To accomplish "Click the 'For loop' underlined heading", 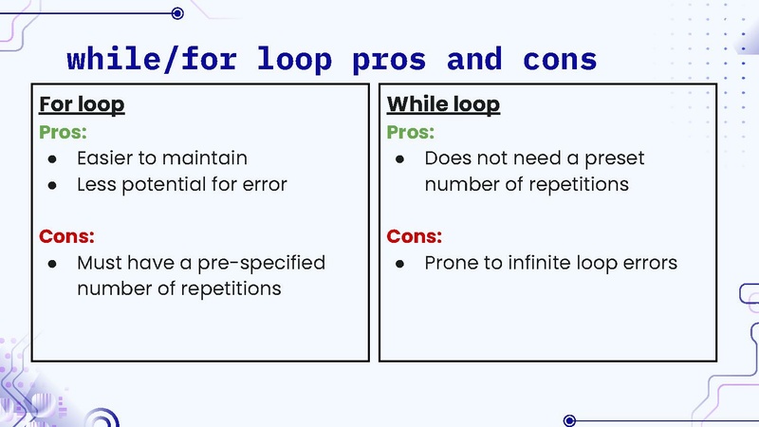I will click(82, 104).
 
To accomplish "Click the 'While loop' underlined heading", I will click(443, 104).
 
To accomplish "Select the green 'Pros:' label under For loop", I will click(63, 132).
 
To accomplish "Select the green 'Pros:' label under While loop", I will click(411, 132).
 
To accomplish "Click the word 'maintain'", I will click(206, 158).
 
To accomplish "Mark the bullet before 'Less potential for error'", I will click(53, 185).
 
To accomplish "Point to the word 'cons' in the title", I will click(560, 59).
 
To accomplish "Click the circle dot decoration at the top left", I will click(177, 13).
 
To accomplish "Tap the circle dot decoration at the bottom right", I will click(569, 419).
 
